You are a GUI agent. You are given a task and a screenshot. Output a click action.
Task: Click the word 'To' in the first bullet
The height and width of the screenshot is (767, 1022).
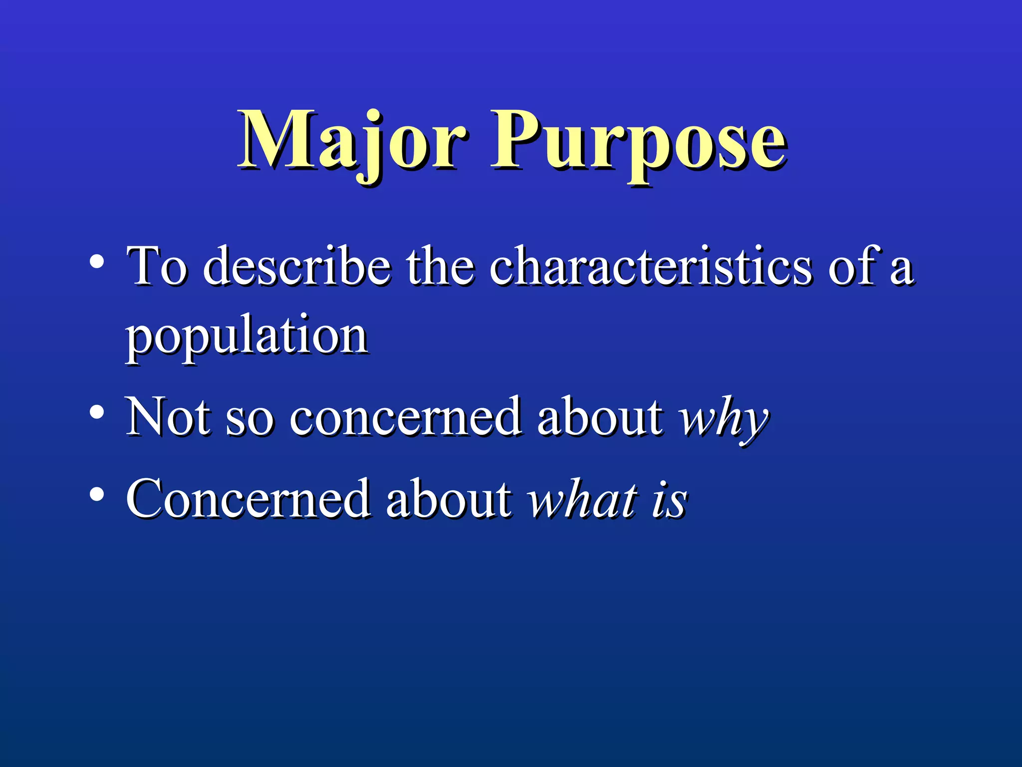pyautogui.click(x=157, y=267)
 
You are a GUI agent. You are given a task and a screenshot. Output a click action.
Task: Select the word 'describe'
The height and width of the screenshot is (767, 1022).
pyautogui.click(x=297, y=267)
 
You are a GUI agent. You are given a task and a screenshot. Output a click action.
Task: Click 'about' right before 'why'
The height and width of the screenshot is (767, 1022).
pyautogui.click(x=601, y=417)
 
